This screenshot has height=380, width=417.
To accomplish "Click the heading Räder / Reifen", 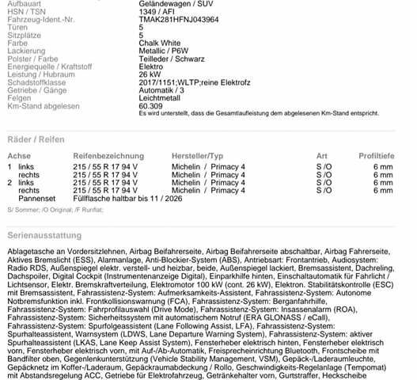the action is [36, 139].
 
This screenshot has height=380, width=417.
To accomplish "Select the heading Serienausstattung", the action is [44, 236].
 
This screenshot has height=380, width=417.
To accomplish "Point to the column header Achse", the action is [19, 156].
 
